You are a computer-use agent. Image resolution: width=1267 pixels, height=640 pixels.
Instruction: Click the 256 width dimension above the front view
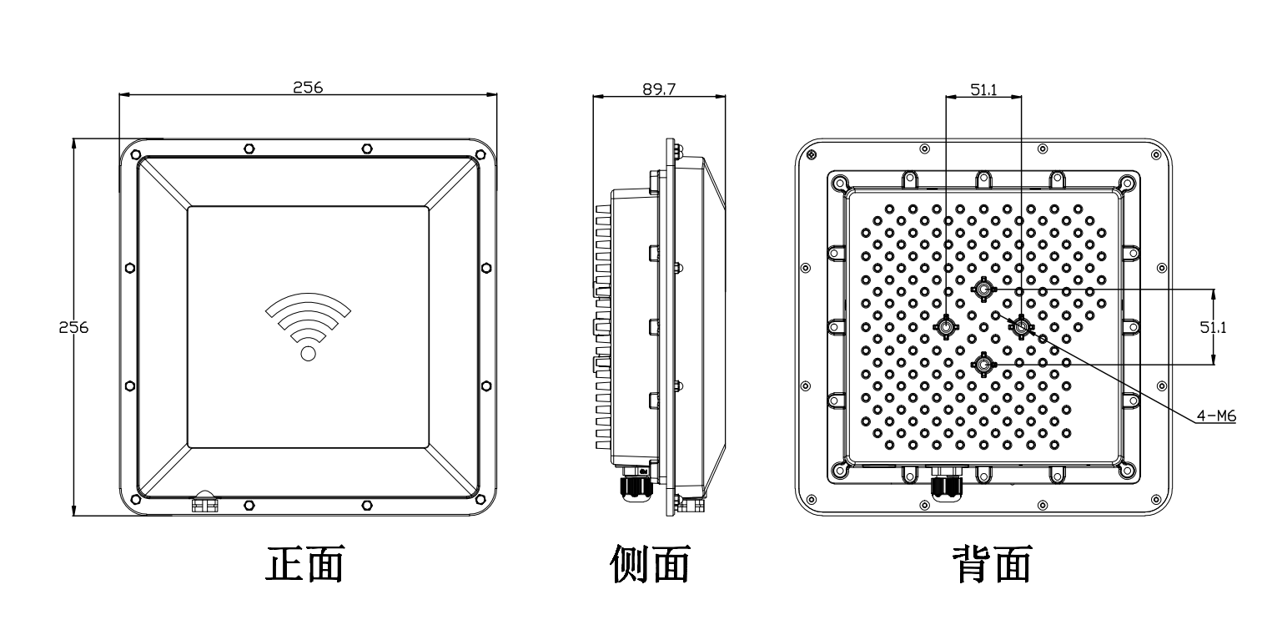308,87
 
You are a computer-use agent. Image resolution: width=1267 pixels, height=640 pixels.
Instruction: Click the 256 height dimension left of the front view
73,327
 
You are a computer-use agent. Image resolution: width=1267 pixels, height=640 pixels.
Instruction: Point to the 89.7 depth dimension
659,88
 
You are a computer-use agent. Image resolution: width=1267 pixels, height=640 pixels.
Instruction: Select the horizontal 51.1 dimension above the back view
983,89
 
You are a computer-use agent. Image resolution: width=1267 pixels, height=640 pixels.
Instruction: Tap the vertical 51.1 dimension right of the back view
1213,327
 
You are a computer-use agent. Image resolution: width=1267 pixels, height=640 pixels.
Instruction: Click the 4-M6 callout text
1216,416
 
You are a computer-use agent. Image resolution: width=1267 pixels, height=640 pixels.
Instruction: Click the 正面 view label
305,563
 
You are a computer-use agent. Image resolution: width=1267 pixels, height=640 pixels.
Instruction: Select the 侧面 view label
650,563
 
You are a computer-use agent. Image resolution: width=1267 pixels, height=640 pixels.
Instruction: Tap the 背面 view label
993,563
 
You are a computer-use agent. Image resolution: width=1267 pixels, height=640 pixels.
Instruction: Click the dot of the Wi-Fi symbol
309,354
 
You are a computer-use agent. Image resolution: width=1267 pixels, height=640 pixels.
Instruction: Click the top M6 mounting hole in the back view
983,290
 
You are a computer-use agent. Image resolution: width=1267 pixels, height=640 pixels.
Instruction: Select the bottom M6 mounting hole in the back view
983,365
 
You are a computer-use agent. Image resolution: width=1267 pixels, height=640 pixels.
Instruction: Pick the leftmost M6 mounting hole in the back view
946,326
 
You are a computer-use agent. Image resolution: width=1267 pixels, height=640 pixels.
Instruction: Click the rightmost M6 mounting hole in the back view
1021,326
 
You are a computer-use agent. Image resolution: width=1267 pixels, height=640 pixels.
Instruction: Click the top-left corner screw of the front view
136,154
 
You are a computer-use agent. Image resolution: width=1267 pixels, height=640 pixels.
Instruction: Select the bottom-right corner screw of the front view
480,499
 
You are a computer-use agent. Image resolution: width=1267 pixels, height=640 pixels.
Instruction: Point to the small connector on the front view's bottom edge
204,502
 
